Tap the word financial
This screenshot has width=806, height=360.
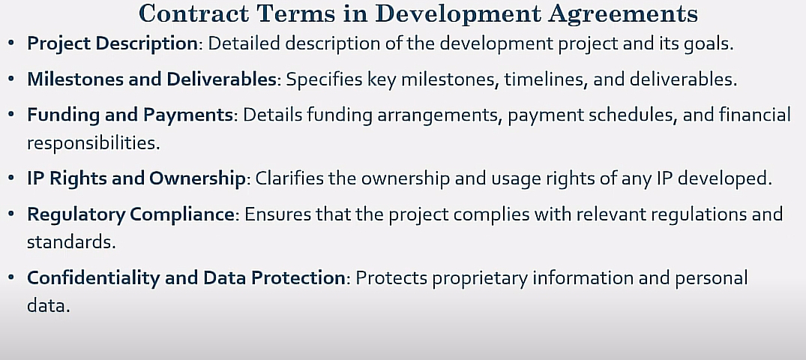tap(754, 115)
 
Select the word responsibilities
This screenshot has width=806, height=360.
tap(94, 143)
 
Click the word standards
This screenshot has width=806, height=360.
tap(71, 242)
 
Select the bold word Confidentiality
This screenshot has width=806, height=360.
tap(94, 278)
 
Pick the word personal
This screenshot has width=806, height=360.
tap(711, 279)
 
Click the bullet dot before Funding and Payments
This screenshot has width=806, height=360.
tap(11, 114)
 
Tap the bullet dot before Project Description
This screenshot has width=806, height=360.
tap(11, 43)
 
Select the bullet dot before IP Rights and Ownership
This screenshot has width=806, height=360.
tap(11, 178)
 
